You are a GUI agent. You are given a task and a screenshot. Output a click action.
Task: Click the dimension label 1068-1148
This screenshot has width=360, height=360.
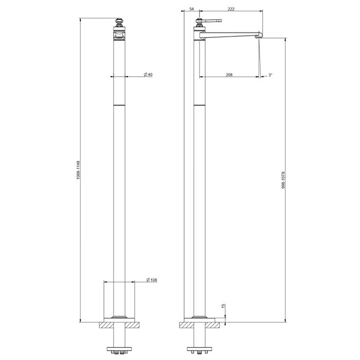coord(78,170)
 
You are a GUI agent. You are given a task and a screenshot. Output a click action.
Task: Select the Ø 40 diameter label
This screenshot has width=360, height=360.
coord(148,75)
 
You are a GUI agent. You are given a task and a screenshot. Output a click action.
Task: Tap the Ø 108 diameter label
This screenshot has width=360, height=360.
coord(152,280)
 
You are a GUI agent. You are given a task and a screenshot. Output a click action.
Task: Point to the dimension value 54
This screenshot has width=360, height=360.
coord(191,9)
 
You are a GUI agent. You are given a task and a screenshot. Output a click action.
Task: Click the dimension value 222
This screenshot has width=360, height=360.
coord(231,9)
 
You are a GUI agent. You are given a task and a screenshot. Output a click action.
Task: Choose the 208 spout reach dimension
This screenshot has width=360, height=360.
coord(229,75)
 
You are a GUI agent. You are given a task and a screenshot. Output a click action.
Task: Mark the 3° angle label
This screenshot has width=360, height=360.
coord(270,75)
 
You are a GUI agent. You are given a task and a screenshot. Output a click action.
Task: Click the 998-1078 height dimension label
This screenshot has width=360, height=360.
coord(283,180)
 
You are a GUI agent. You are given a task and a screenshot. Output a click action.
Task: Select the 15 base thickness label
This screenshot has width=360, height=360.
coord(224,306)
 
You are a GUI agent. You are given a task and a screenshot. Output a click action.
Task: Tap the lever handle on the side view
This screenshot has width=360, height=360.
coord(212,21)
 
